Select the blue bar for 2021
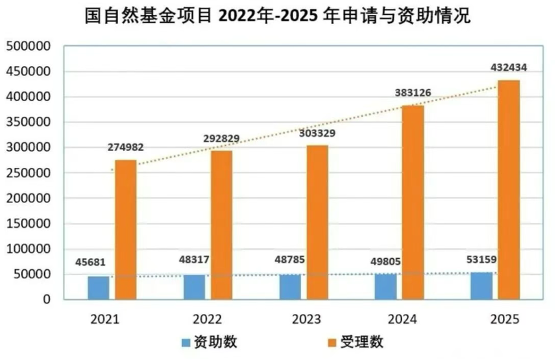click(99, 288)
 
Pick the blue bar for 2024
click(385, 287)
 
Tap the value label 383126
click(413, 93)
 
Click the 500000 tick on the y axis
click(29, 47)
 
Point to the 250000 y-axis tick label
click(29, 173)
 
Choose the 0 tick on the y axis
click(47, 300)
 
